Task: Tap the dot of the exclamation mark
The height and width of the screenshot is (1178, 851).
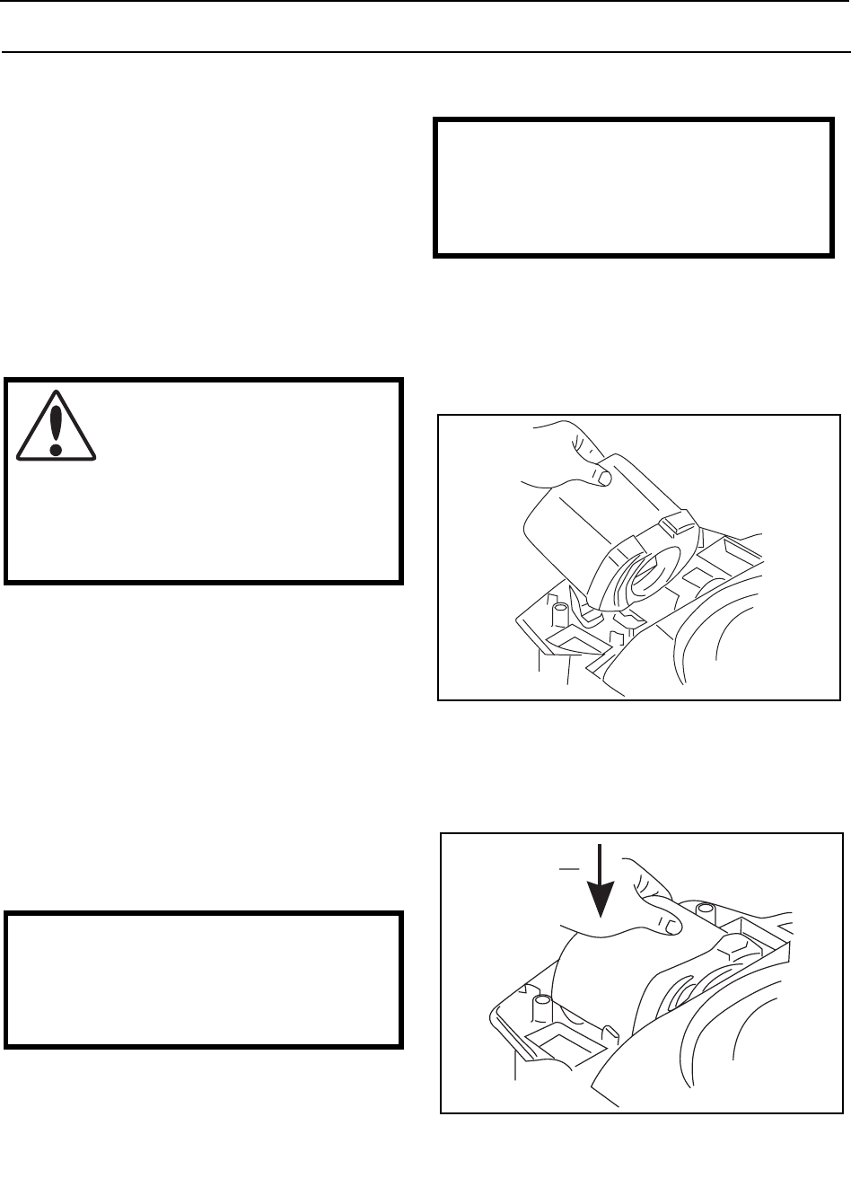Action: point(57,446)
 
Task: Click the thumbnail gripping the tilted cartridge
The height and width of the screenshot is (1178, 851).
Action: point(603,479)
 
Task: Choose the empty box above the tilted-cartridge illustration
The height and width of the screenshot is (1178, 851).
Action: point(632,187)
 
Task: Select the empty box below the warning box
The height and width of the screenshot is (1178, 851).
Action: point(202,980)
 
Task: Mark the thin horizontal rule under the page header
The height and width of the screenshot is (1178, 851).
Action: point(425,51)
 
